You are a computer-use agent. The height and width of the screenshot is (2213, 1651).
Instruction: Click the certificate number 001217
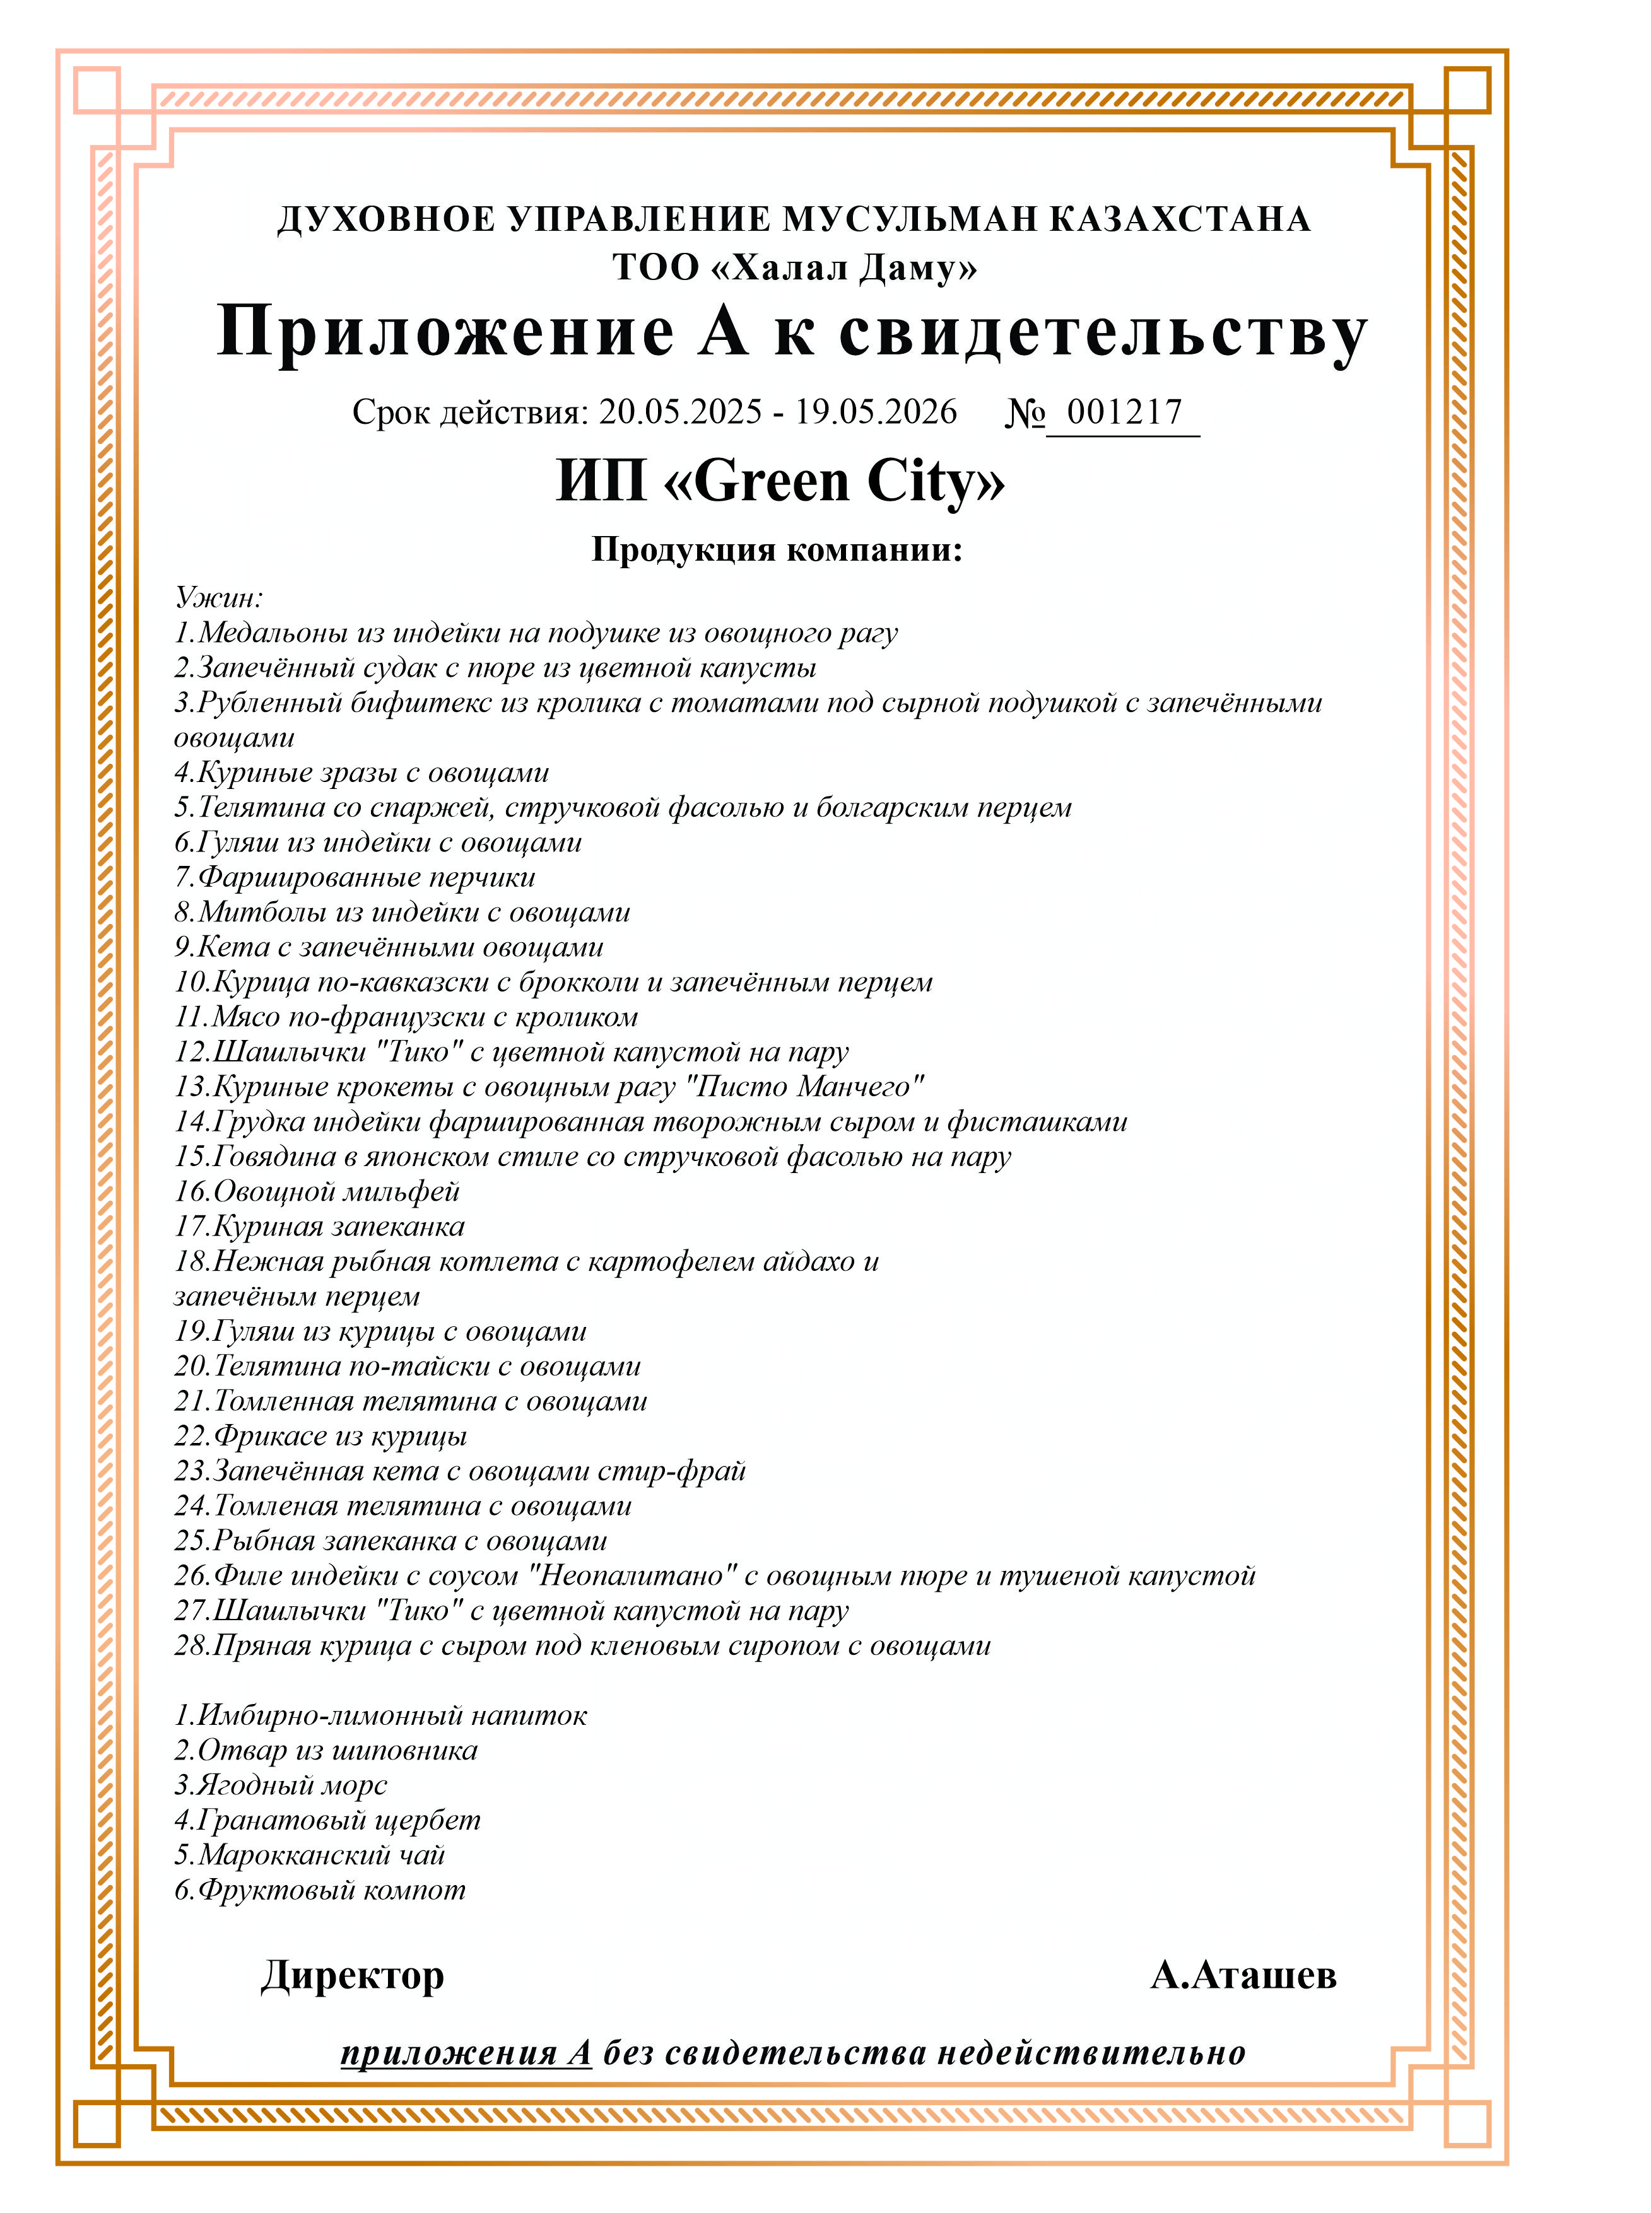(x=1124, y=412)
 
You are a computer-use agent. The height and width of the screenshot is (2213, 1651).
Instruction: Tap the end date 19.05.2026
(x=876, y=412)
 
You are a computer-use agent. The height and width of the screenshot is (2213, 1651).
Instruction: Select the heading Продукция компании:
(x=777, y=549)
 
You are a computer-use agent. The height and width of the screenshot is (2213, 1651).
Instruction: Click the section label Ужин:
(x=219, y=597)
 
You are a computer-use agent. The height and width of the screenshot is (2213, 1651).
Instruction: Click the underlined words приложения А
(x=466, y=2053)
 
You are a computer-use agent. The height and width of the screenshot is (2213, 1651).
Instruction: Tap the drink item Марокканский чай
(x=310, y=1855)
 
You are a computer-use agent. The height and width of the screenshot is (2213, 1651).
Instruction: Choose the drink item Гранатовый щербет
(x=328, y=1820)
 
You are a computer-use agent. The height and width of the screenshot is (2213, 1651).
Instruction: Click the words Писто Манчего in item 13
(x=809, y=1087)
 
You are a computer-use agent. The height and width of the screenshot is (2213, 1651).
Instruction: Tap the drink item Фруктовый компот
(x=320, y=1890)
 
